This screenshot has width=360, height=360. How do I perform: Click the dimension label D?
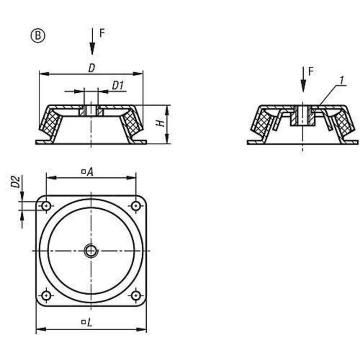(91, 68)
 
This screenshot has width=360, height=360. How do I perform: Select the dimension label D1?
(118, 85)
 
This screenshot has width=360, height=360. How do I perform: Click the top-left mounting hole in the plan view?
(46, 206)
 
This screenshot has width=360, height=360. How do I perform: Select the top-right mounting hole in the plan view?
(135, 206)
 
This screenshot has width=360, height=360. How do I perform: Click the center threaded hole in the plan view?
(91, 251)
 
